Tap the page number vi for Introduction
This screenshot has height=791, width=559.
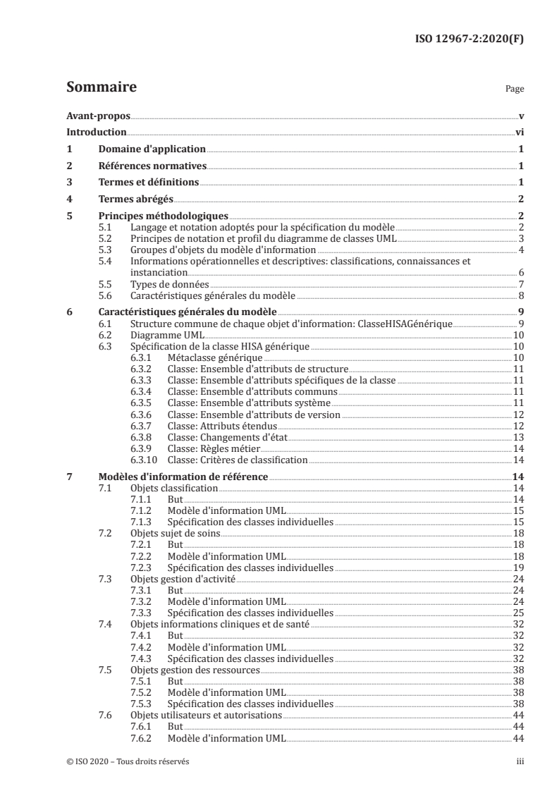519,133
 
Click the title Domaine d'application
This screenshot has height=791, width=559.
152,149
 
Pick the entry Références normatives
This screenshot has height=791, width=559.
152,166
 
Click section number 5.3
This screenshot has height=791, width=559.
105,250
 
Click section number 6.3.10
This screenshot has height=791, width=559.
144,460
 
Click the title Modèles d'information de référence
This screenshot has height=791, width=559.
183,477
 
